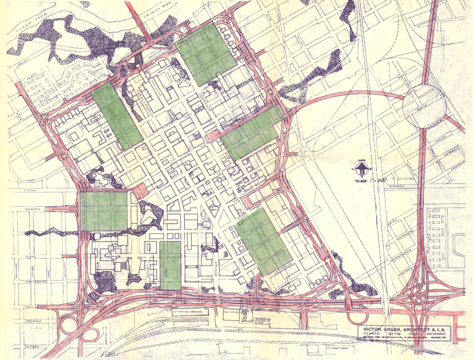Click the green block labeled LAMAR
pos(170,265)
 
